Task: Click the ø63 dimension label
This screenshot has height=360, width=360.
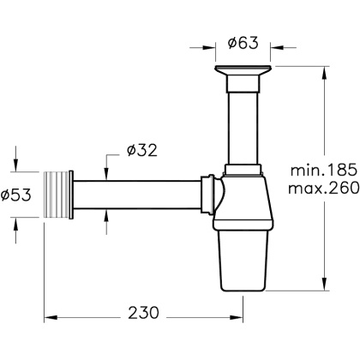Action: coord(243,43)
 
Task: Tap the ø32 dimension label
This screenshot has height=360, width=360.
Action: coord(142,150)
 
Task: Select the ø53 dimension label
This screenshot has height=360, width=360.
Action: coord(15,195)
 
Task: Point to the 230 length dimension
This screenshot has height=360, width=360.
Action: coord(143,312)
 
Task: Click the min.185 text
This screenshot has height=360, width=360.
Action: coord(324,170)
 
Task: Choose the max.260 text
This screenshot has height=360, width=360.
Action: coord(323,188)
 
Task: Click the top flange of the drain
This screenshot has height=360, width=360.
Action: coord(243,70)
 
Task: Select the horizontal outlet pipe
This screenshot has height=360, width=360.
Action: coord(137,195)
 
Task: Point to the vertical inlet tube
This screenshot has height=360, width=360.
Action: coord(243,129)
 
